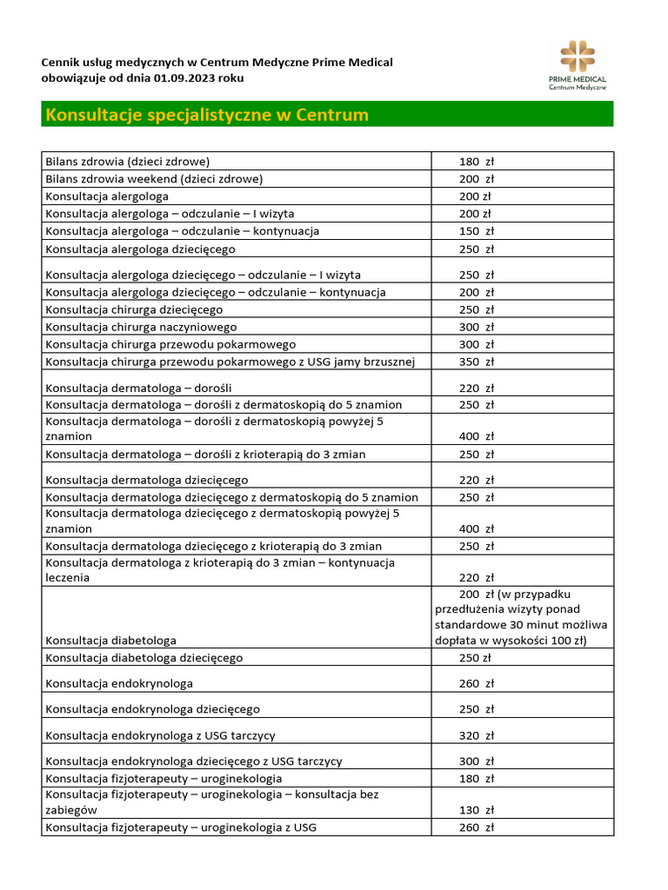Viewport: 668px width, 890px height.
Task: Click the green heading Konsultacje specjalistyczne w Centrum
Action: coord(207,115)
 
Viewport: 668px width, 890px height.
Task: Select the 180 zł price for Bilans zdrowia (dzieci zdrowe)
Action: coord(476,162)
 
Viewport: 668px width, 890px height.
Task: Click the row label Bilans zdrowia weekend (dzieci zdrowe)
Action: coord(154,179)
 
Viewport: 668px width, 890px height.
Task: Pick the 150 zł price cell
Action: coord(476,231)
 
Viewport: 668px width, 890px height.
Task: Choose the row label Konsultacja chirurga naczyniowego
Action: coord(141,327)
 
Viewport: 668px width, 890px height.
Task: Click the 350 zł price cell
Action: coord(476,362)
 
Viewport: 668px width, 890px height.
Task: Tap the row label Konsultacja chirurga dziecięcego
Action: coord(134,309)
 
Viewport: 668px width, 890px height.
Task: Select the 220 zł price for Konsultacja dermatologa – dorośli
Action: coord(476,388)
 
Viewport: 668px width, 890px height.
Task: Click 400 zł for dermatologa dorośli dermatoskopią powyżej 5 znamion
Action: coord(476,436)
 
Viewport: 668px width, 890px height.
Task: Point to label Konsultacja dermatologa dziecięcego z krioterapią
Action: coord(213,546)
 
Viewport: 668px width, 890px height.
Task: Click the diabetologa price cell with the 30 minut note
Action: coord(522,617)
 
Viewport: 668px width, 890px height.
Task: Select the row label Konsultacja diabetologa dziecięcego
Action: coord(144,658)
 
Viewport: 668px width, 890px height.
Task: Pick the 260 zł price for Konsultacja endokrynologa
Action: coord(476,684)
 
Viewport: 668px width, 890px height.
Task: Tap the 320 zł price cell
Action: coord(476,735)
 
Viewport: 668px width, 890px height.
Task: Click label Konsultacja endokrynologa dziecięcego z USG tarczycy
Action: coord(193,761)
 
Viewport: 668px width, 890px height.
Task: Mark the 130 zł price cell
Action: coord(476,810)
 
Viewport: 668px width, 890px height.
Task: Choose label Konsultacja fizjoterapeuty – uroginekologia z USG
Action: coord(181,827)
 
